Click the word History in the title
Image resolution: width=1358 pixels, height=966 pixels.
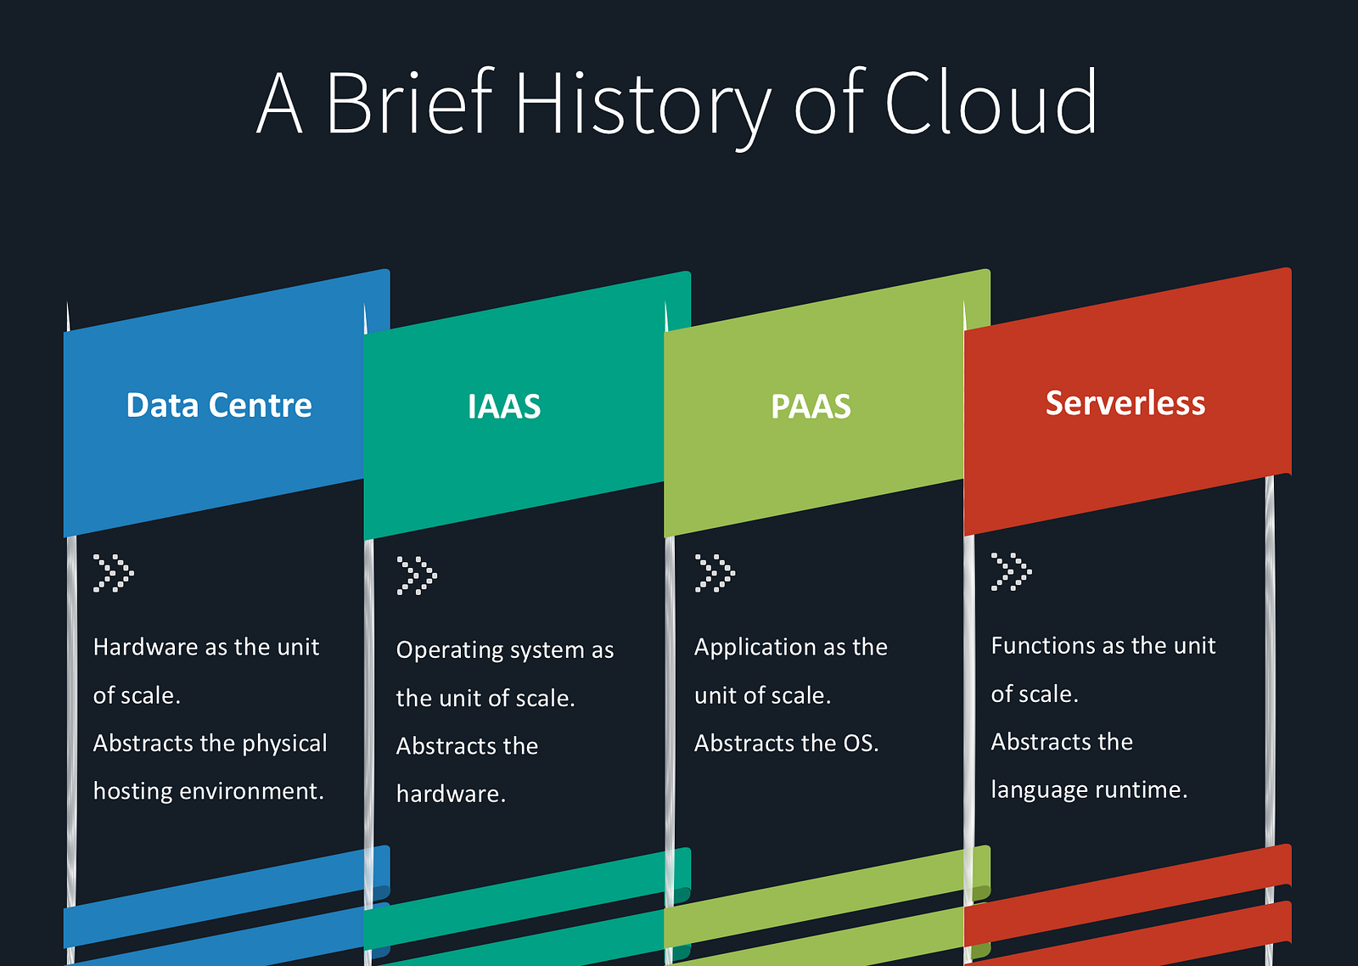point(642,104)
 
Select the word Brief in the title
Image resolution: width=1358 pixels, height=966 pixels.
point(409,104)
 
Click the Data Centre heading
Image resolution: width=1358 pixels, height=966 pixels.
point(219,406)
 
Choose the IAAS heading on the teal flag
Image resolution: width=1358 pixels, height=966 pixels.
point(504,407)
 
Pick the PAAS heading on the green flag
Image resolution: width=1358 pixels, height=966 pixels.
point(811,407)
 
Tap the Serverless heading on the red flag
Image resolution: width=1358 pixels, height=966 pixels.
point(1125,403)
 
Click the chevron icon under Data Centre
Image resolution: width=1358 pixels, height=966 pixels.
point(113,573)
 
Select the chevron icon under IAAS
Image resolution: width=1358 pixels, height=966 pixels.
point(416,576)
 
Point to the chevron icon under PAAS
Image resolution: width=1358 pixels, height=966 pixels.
point(715,573)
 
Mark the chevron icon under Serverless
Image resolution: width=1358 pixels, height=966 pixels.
point(1011,571)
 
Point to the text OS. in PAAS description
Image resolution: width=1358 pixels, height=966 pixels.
point(861,744)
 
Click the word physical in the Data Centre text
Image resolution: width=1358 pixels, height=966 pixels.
point(284,744)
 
